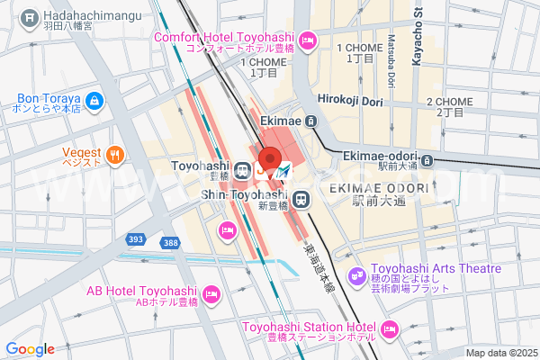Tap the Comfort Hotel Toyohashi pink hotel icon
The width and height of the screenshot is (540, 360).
pyautogui.click(x=308, y=40)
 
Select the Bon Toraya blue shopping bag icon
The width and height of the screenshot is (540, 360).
pyautogui.click(x=95, y=101)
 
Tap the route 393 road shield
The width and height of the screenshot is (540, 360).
pyautogui.click(x=136, y=240)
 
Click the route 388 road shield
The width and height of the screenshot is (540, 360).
pyautogui.click(x=170, y=243)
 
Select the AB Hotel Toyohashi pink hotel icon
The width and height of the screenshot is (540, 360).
pyautogui.click(x=211, y=293)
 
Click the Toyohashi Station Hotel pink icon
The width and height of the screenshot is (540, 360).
pyautogui.click(x=388, y=331)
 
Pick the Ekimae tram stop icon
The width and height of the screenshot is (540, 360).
pyautogui.click(x=310, y=121)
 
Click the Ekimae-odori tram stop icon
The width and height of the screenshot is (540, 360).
pyautogui.click(x=427, y=161)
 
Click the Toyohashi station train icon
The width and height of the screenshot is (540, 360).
pyautogui.click(x=242, y=169)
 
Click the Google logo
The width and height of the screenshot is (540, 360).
pyautogui.click(x=30, y=349)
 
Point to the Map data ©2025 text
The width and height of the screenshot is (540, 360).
pyautogui.click(x=500, y=353)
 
